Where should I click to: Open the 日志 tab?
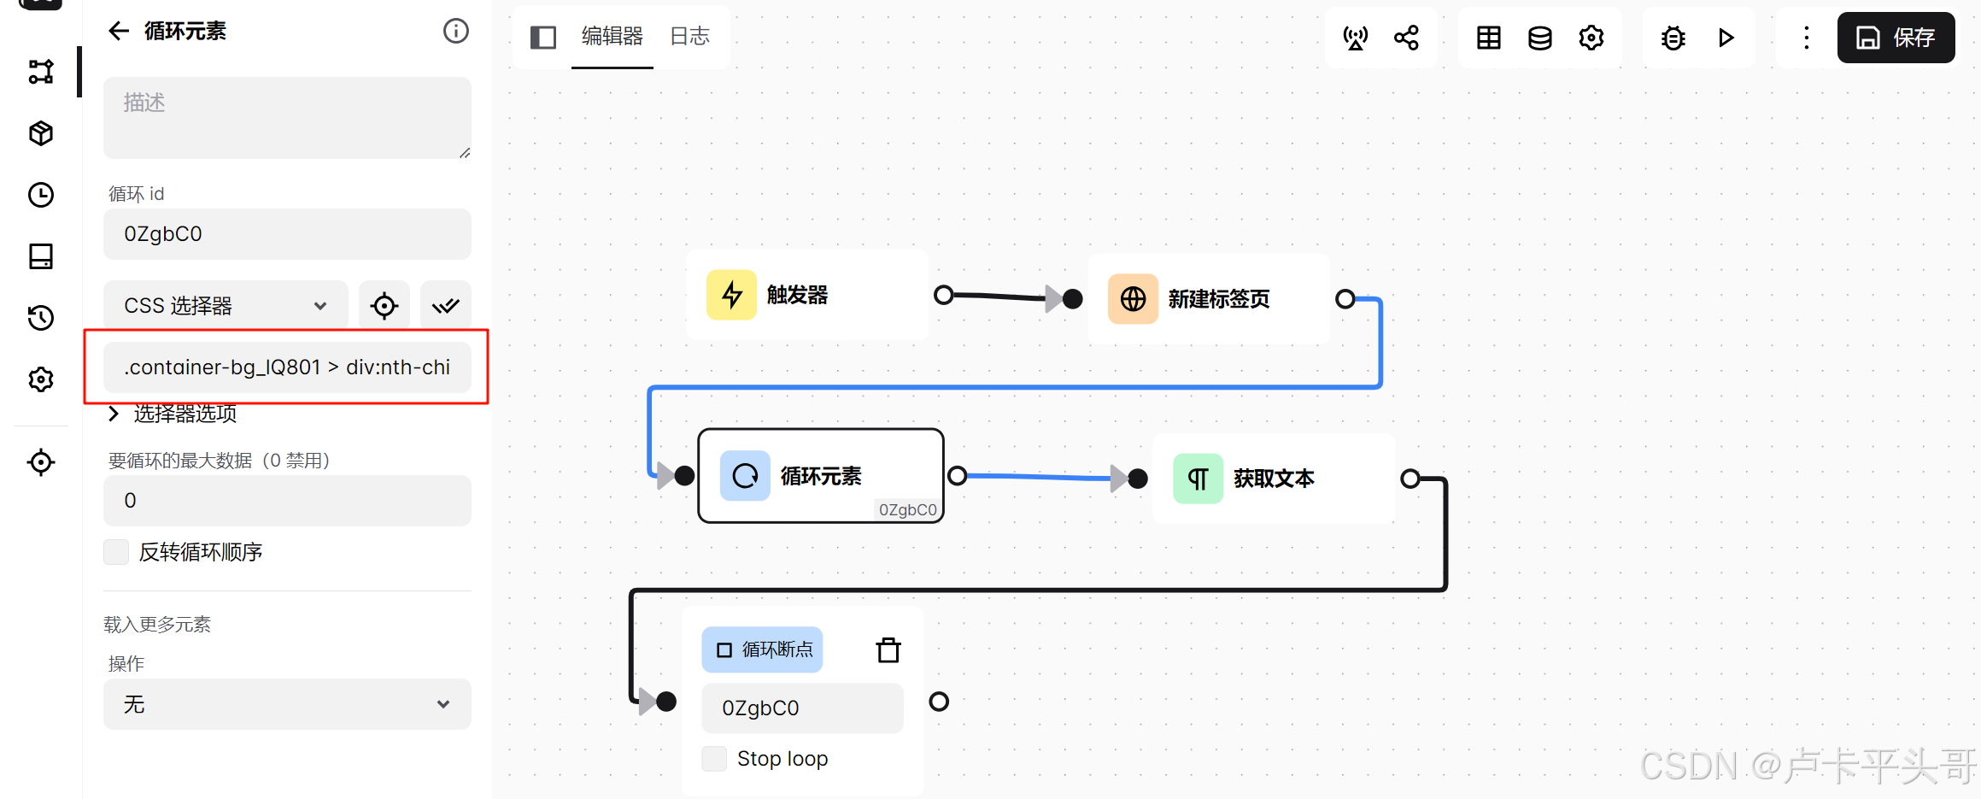pos(689,36)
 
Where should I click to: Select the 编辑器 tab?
pos(612,36)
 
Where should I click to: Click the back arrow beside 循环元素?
pos(119,32)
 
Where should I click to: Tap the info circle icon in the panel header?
pos(456,32)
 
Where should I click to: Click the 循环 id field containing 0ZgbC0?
pos(287,234)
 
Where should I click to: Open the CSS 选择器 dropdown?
pos(226,305)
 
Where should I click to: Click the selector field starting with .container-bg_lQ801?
pos(287,367)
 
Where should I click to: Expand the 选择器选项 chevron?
pos(114,414)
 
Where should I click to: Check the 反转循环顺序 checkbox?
pos(116,552)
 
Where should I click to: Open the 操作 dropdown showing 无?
pos(287,704)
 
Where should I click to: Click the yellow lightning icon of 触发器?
pos(731,296)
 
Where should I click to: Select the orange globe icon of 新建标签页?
pos(1133,299)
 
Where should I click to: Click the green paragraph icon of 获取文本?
pos(1198,479)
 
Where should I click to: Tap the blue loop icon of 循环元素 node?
pos(745,475)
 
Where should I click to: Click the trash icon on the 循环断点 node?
pos(888,650)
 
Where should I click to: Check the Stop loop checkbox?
pos(714,759)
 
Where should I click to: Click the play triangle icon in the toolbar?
pos(1726,38)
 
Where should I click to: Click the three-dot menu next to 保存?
pos(1806,38)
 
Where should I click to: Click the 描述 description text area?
pos(287,118)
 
